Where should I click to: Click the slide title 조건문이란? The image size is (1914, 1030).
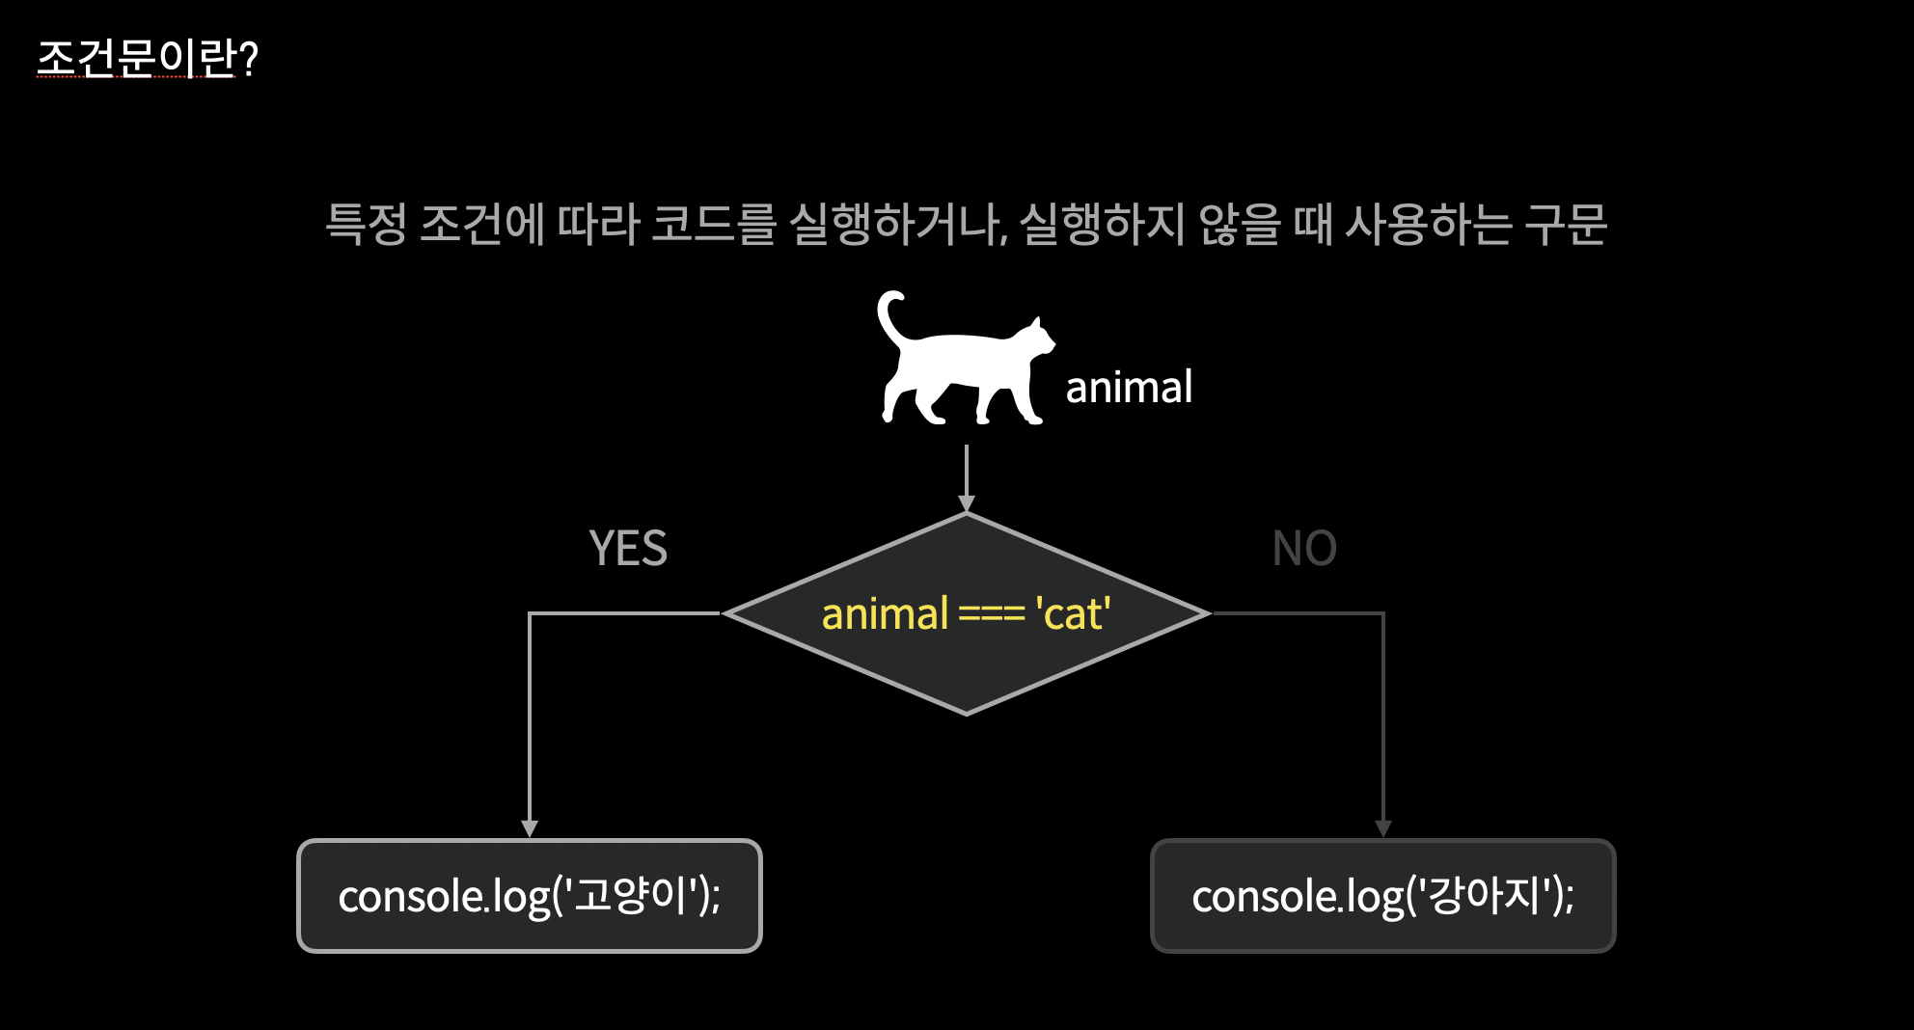click(x=148, y=59)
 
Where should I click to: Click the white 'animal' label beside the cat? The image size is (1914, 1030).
click(x=1129, y=387)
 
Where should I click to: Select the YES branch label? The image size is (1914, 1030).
click(x=628, y=548)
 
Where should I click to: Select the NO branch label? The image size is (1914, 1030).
click(x=1304, y=548)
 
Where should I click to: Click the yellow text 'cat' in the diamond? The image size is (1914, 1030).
click(x=1073, y=613)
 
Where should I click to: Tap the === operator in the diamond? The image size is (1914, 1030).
click(x=992, y=615)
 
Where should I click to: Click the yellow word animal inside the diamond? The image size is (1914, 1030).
click(x=885, y=613)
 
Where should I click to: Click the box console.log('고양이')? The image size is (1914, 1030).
click(x=530, y=896)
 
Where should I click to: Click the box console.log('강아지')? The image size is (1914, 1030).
click(x=1383, y=896)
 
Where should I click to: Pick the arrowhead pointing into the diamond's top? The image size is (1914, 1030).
click(x=967, y=503)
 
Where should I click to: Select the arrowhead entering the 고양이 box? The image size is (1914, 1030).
click(x=530, y=828)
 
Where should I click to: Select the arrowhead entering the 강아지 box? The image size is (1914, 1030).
click(x=1383, y=828)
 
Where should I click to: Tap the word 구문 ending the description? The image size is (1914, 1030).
click(x=1566, y=224)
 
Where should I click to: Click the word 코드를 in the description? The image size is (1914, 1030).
click(x=714, y=224)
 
